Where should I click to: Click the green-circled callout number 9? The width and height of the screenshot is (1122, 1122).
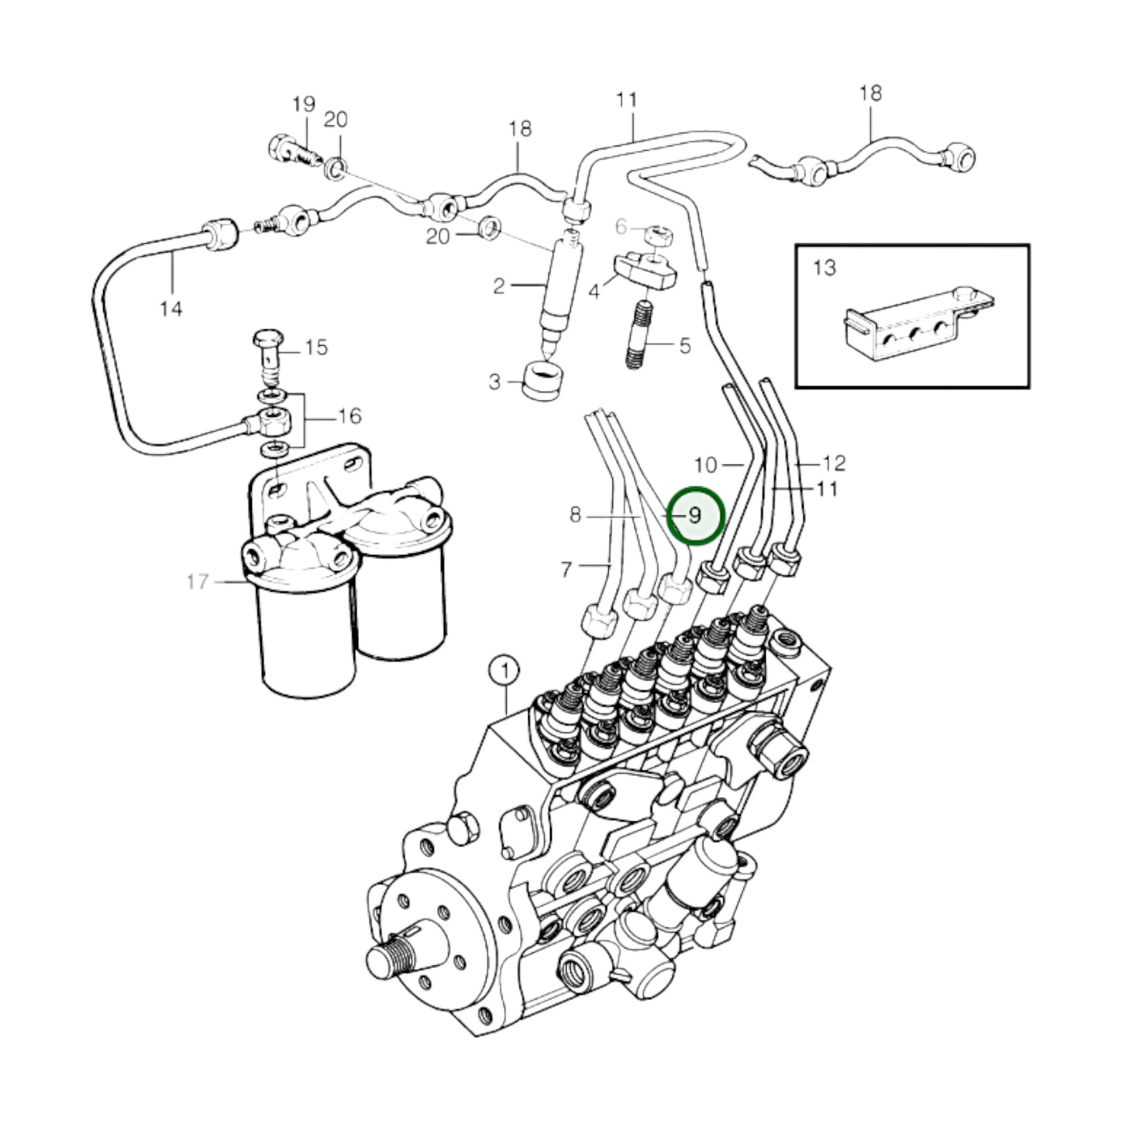tap(695, 515)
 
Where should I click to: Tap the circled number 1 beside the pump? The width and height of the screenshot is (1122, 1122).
tap(504, 671)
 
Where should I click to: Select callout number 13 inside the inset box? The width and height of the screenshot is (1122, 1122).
tap(824, 268)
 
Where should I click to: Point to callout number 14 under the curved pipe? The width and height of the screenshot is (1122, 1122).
tap(171, 309)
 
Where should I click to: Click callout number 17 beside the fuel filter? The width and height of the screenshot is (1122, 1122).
tap(197, 581)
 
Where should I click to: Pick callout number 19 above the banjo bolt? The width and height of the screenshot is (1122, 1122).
tap(304, 104)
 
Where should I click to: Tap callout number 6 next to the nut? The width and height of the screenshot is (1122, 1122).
tap(622, 227)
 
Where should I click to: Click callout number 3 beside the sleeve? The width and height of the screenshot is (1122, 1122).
tap(494, 382)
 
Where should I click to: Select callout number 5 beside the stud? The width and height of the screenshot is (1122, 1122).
tap(686, 346)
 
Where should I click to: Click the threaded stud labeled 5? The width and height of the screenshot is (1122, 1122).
tap(639, 334)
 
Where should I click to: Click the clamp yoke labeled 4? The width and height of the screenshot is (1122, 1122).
tap(645, 273)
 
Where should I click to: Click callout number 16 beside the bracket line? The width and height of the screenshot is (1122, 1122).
tap(349, 416)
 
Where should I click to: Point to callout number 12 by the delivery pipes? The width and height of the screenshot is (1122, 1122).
tap(833, 464)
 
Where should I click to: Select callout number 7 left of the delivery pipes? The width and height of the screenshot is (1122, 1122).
tap(567, 569)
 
